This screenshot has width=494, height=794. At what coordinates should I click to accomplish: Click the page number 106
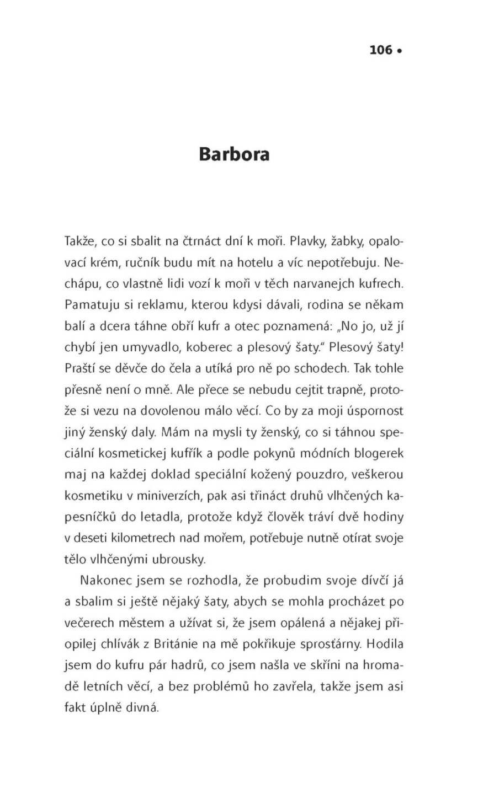pos(380,50)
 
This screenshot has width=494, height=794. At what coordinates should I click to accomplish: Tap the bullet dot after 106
pos(400,51)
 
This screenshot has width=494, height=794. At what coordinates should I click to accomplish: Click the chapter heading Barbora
pos(234,154)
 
